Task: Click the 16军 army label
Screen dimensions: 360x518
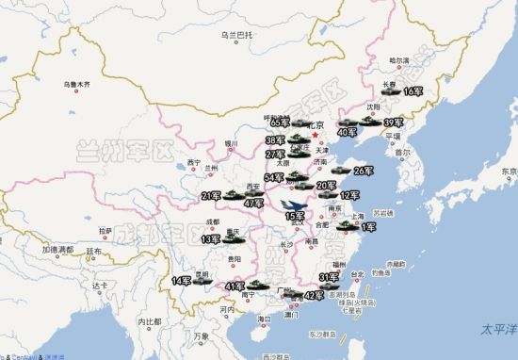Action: coord(413,91)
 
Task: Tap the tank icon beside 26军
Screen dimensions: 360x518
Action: coord(339,171)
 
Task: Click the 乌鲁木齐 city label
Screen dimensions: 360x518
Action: coord(76,86)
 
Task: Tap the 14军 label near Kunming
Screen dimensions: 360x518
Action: coord(180,281)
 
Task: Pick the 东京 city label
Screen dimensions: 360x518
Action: coord(510,172)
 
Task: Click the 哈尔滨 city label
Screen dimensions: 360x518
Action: coord(400,60)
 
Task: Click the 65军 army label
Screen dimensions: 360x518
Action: coord(280,122)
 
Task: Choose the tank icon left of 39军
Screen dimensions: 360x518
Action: coord(369,122)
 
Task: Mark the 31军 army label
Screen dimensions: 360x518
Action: coord(329,277)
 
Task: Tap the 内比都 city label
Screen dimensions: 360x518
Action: coord(151,323)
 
